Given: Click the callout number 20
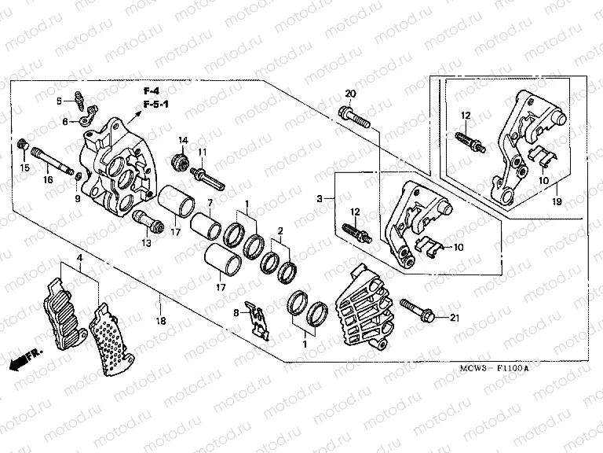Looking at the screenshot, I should click(350, 94).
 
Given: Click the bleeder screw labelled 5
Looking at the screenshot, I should click(80, 100).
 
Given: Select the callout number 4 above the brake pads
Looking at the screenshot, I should click(79, 258).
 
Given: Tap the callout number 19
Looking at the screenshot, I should click(557, 202).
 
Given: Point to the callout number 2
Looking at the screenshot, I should click(278, 231).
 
